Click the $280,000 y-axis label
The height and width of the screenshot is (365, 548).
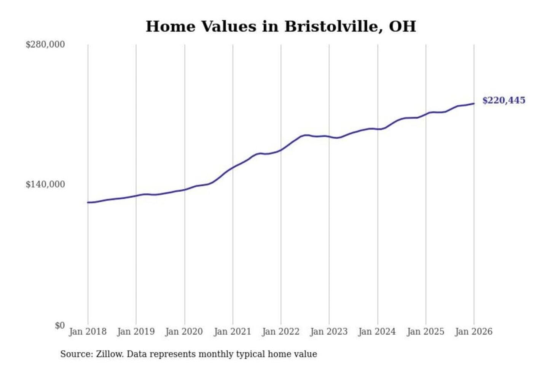(x=45, y=44)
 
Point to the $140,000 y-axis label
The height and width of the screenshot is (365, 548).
(x=45, y=184)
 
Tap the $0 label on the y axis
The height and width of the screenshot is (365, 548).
(x=60, y=325)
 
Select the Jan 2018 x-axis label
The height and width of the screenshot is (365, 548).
(x=88, y=332)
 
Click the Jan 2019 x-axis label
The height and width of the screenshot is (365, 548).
(x=136, y=332)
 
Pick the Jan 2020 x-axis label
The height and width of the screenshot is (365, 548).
(x=184, y=332)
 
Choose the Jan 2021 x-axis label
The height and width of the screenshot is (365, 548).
(x=233, y=332)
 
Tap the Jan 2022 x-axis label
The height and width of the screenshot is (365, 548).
(x=281, y=332)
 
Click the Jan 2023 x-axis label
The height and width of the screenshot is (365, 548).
(x=329, y=332)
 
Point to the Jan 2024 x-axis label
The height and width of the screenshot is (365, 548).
(x=377, y=332)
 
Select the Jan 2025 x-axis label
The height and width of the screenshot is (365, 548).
(x=425, y=332)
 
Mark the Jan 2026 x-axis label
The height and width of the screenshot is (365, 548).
(x=474, y=332)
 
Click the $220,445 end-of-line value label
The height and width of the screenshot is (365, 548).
(x=504, y=100)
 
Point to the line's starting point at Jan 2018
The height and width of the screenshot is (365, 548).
(x=88, y=202)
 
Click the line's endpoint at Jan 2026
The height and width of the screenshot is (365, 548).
(x=474, y=103)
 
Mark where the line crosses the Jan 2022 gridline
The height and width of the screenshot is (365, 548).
(x=281, y=150)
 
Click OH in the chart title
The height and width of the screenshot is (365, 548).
(x=403, y=27)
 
